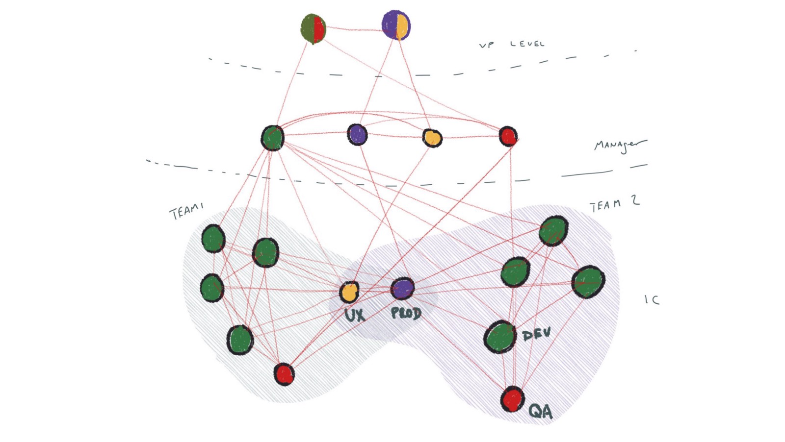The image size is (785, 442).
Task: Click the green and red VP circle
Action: point(313,28)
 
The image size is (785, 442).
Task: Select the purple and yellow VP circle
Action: point(396,25)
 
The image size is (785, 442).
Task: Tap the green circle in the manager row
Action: point(272,138)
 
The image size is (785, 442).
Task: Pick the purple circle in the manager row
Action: point(357,134)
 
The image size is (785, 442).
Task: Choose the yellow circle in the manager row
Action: point(432,138)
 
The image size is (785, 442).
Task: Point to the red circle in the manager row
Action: point(508,136)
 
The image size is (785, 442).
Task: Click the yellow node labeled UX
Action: point(349,292)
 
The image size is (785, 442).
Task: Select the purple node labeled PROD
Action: point(402,288)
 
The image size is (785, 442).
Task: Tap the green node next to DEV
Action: point(500,337)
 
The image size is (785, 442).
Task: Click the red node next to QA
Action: point(512,399)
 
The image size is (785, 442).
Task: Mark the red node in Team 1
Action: point(284,374)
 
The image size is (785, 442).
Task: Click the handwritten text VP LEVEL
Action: point(512,44)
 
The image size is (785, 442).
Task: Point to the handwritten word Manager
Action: point(619,145)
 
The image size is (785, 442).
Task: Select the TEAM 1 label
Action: point(186,212)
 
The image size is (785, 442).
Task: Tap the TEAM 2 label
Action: point(614,204)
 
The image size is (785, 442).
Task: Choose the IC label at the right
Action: point(652,299)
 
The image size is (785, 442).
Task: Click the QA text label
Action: point(540,411)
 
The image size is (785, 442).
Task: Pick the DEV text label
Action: point(536,335)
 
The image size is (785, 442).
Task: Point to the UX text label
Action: point(354,315)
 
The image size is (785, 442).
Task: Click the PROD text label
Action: point(406,313)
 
